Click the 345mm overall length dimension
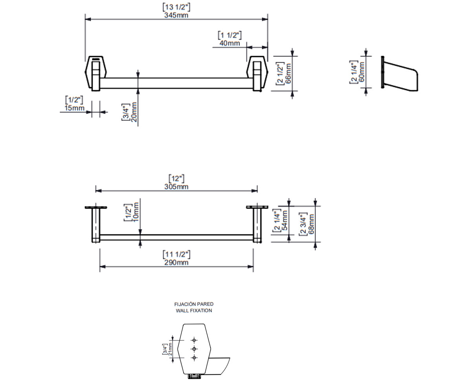[176, 15]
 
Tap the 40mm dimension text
[230, 43]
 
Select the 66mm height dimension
[288, 73]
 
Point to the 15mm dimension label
[75, 108]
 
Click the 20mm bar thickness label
[134, 112]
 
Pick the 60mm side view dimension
[361, 72]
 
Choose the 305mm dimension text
[176, 187]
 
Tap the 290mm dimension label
[176, 263]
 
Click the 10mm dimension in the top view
[136, 212]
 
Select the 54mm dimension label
[285, 220]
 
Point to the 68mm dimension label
[311, 224]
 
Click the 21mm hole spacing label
[170, 349]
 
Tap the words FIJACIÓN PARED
[194, 304]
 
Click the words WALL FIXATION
[194, 311]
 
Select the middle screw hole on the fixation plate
[194, 349]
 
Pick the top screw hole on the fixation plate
[194, 340]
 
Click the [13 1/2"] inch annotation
[176, 7]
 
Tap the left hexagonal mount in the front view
[96, 73]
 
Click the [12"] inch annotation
[176, 179]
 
